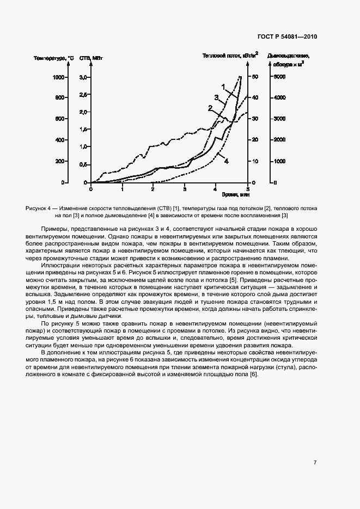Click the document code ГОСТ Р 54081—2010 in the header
coord(287,36)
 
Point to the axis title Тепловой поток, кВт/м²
coord(230,56)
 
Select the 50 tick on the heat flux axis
coord(254,77)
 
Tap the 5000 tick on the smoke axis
coord(279,77)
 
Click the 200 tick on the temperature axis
coord(59,162)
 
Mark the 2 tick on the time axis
coord(154,188)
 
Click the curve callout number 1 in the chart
coord(223,86)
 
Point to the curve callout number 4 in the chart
coord(226,161)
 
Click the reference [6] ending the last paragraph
coord(253,379)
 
